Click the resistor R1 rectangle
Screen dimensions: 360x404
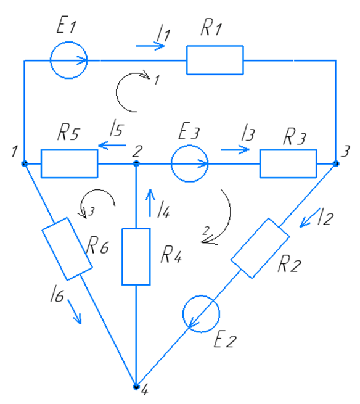click(x=215, y=60)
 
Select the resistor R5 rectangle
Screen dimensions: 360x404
click(x=69, y=163)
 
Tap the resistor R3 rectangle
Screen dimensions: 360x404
click(x=288, y=163)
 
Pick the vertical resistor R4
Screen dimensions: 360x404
click(x=136, y=257)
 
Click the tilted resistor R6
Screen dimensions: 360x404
click(x=67, y=249)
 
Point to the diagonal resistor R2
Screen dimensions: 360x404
click(x=260, y=249)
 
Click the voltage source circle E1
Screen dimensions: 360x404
click(x=68, y=60)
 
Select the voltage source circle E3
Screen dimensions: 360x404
click(x=189, y=163)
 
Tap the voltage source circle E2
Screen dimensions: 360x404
click(x=201, y=314)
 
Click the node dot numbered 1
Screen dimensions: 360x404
click(x=25, y=163)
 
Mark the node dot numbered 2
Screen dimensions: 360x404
click(x=136, y=163)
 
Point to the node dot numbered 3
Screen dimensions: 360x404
click(x=336, y=163)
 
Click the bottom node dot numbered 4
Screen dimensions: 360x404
click(x=136, y=387)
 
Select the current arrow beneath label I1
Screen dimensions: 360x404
click(x=150, y=46)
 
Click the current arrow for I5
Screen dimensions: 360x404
click(x=112, y=146)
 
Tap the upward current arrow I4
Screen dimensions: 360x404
click(x=150, y=203)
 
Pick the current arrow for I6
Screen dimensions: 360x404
click(x=75, y=311)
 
